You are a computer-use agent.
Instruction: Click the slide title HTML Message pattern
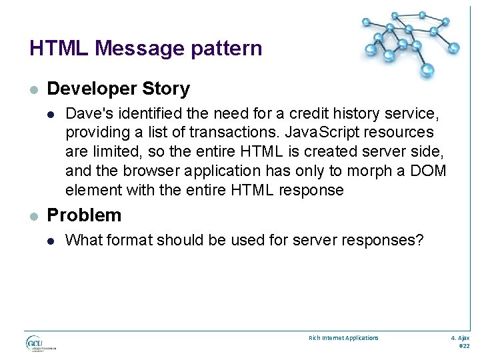[145, 48]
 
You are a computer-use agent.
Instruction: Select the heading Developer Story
[119, 89]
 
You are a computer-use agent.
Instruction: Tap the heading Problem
[85, 215]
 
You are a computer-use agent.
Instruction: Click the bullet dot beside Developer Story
[34, 89]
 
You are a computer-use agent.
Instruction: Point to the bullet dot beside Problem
[34, 216]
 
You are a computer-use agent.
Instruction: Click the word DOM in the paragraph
[428, 171]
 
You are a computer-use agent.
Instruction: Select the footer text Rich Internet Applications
[343, 338]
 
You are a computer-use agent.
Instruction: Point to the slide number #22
[465, 347]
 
